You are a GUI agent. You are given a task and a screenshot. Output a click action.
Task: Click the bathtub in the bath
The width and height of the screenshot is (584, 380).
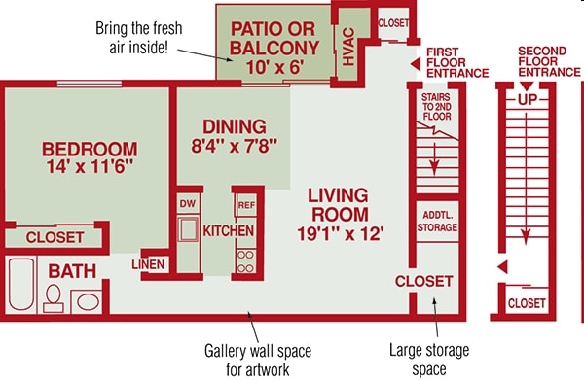click(21, 285)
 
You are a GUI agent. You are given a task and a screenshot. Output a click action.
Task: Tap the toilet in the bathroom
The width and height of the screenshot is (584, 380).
click(54, 298)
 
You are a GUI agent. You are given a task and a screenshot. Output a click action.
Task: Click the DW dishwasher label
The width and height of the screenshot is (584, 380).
click(188, 204)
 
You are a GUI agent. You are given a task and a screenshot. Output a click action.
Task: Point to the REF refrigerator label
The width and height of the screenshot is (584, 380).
click(246, 205)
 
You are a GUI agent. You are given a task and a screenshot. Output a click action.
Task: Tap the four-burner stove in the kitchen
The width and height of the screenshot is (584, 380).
click(246, 261)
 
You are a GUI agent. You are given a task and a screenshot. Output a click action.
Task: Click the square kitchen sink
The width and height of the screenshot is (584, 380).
click(188, 229)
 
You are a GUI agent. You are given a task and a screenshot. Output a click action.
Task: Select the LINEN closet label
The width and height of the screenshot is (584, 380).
click(148, 264)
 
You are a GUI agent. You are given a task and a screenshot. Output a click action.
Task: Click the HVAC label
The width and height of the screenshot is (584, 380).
click(348, 47)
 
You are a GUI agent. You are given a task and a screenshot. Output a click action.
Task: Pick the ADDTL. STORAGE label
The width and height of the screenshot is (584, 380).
click(437, 222)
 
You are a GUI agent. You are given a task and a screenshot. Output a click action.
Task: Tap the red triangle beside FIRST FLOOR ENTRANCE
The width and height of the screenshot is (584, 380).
click(416, 63)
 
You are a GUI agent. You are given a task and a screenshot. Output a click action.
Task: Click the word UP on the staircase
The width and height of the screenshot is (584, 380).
click(528, 99)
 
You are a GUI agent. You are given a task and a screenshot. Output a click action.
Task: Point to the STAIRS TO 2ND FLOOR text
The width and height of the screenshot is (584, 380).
click(436, 107)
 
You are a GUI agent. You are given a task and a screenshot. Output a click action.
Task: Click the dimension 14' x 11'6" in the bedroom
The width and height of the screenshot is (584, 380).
click(90, 167)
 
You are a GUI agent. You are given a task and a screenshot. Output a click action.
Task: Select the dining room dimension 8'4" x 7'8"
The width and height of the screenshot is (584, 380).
click(235, 146)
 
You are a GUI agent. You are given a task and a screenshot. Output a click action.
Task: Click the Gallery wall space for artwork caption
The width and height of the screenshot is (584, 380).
click(258, 360)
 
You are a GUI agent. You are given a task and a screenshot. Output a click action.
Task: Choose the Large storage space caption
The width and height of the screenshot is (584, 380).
click(429, 360)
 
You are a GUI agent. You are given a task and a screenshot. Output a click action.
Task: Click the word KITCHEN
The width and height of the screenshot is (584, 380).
click(229, 231)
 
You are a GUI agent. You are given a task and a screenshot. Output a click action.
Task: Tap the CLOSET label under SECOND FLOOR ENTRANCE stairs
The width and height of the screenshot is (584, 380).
click(527, 303)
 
